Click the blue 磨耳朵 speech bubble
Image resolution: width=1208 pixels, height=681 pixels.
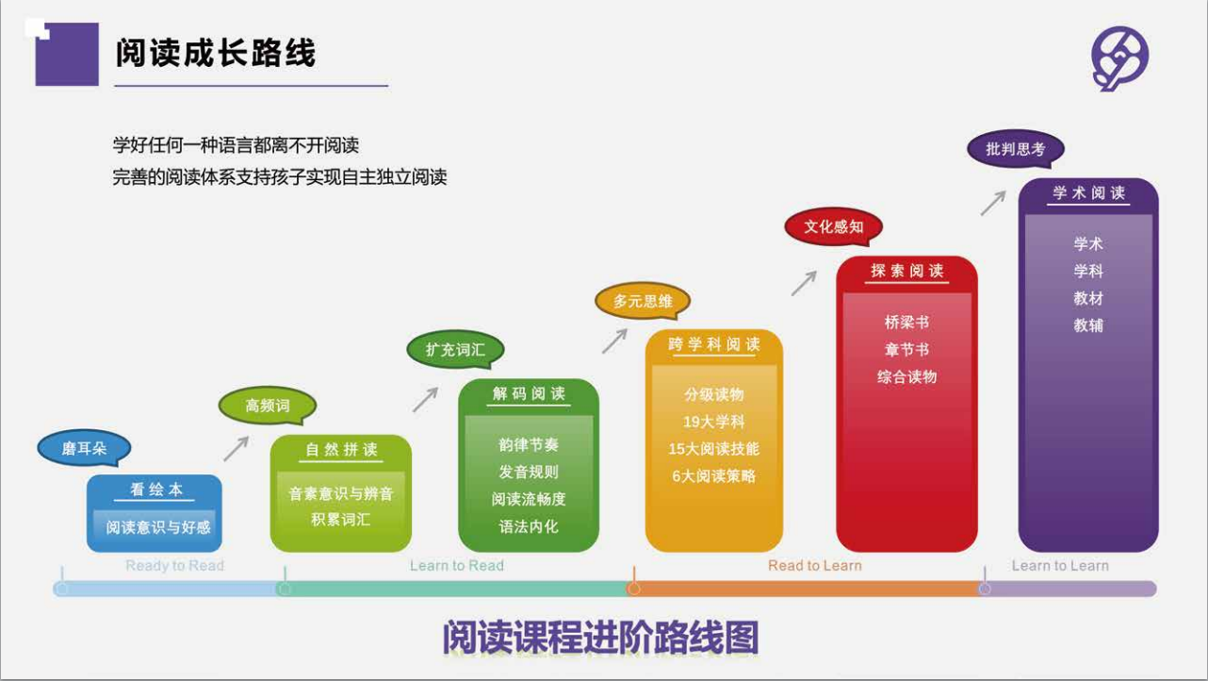point(84,448)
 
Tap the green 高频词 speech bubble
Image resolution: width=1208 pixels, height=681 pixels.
point(268,406)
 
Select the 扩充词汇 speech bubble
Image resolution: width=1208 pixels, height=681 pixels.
point(456,350)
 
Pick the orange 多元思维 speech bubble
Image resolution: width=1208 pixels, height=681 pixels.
point(643,301)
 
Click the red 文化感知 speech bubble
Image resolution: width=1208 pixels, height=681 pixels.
point(834,226)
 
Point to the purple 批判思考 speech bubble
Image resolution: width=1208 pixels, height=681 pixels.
point(1016,149)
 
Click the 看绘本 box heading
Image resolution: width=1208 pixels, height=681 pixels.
point(156,490)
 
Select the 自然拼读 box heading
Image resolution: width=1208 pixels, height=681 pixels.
point(341,450)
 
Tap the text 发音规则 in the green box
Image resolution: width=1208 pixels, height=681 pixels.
point(529,472)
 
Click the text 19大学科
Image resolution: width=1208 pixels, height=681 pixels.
point(714,422)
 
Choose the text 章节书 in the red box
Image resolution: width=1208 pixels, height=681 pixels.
point(906,350)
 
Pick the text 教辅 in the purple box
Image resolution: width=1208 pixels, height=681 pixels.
point(1088,324)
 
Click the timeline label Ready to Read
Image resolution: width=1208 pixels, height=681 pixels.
point(174,566)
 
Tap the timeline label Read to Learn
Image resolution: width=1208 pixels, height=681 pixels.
point(815,566)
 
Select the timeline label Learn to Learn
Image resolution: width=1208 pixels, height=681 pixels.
point(1060,566)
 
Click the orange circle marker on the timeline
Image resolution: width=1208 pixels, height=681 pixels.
point(634,589)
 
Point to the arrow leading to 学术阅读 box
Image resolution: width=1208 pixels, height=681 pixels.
point(993,203)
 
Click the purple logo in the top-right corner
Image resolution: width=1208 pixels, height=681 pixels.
point(1119,58)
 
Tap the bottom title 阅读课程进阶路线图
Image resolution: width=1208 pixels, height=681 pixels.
point(601,638)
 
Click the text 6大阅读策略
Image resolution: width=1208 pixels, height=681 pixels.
point(714,476)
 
